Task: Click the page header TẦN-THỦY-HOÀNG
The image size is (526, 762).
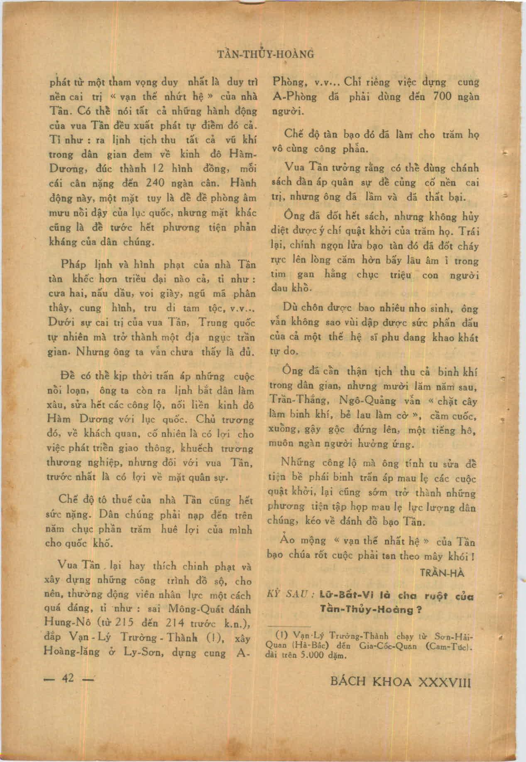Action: pyautogui.click(x=266, y=54)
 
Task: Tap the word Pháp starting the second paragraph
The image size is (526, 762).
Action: pyautogui.click(x=73, y=264)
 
